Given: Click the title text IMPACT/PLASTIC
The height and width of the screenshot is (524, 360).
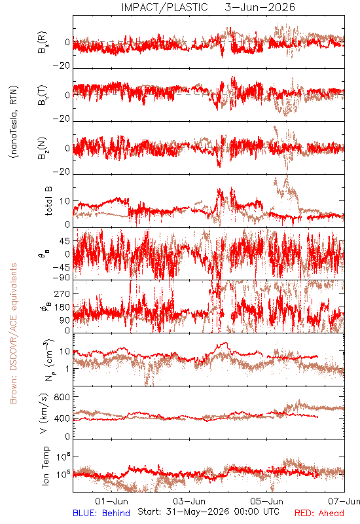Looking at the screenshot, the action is point(165,7).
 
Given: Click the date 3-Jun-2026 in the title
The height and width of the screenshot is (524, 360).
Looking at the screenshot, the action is point(260,7).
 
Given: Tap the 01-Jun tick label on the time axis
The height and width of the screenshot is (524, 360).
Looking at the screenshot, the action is point(111,501).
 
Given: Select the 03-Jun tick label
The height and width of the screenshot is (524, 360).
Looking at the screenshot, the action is point(189,501).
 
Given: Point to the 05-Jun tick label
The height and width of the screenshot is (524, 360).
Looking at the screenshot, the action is point(267,501).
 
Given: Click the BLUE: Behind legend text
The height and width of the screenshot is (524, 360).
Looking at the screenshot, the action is point(101,513).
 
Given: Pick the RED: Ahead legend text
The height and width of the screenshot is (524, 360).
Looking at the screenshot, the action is point(319,513).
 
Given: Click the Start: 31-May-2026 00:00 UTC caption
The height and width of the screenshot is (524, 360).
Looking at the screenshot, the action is point(208,512).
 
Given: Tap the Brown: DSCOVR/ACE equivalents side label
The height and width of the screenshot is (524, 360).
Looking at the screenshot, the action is point(13,333).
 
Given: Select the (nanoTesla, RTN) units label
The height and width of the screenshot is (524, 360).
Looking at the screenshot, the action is point(14,122).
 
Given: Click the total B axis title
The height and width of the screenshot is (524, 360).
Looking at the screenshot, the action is point(48,201).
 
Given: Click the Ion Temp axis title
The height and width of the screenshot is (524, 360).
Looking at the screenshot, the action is point(45,466).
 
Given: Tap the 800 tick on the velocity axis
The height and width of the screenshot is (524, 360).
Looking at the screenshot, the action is point(62,397).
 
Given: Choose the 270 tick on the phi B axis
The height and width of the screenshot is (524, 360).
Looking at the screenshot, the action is point(62,293).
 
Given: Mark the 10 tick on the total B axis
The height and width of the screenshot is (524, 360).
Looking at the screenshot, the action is point(65,201).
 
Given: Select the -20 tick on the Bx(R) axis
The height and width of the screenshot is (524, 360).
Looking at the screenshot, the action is point(62,66).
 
